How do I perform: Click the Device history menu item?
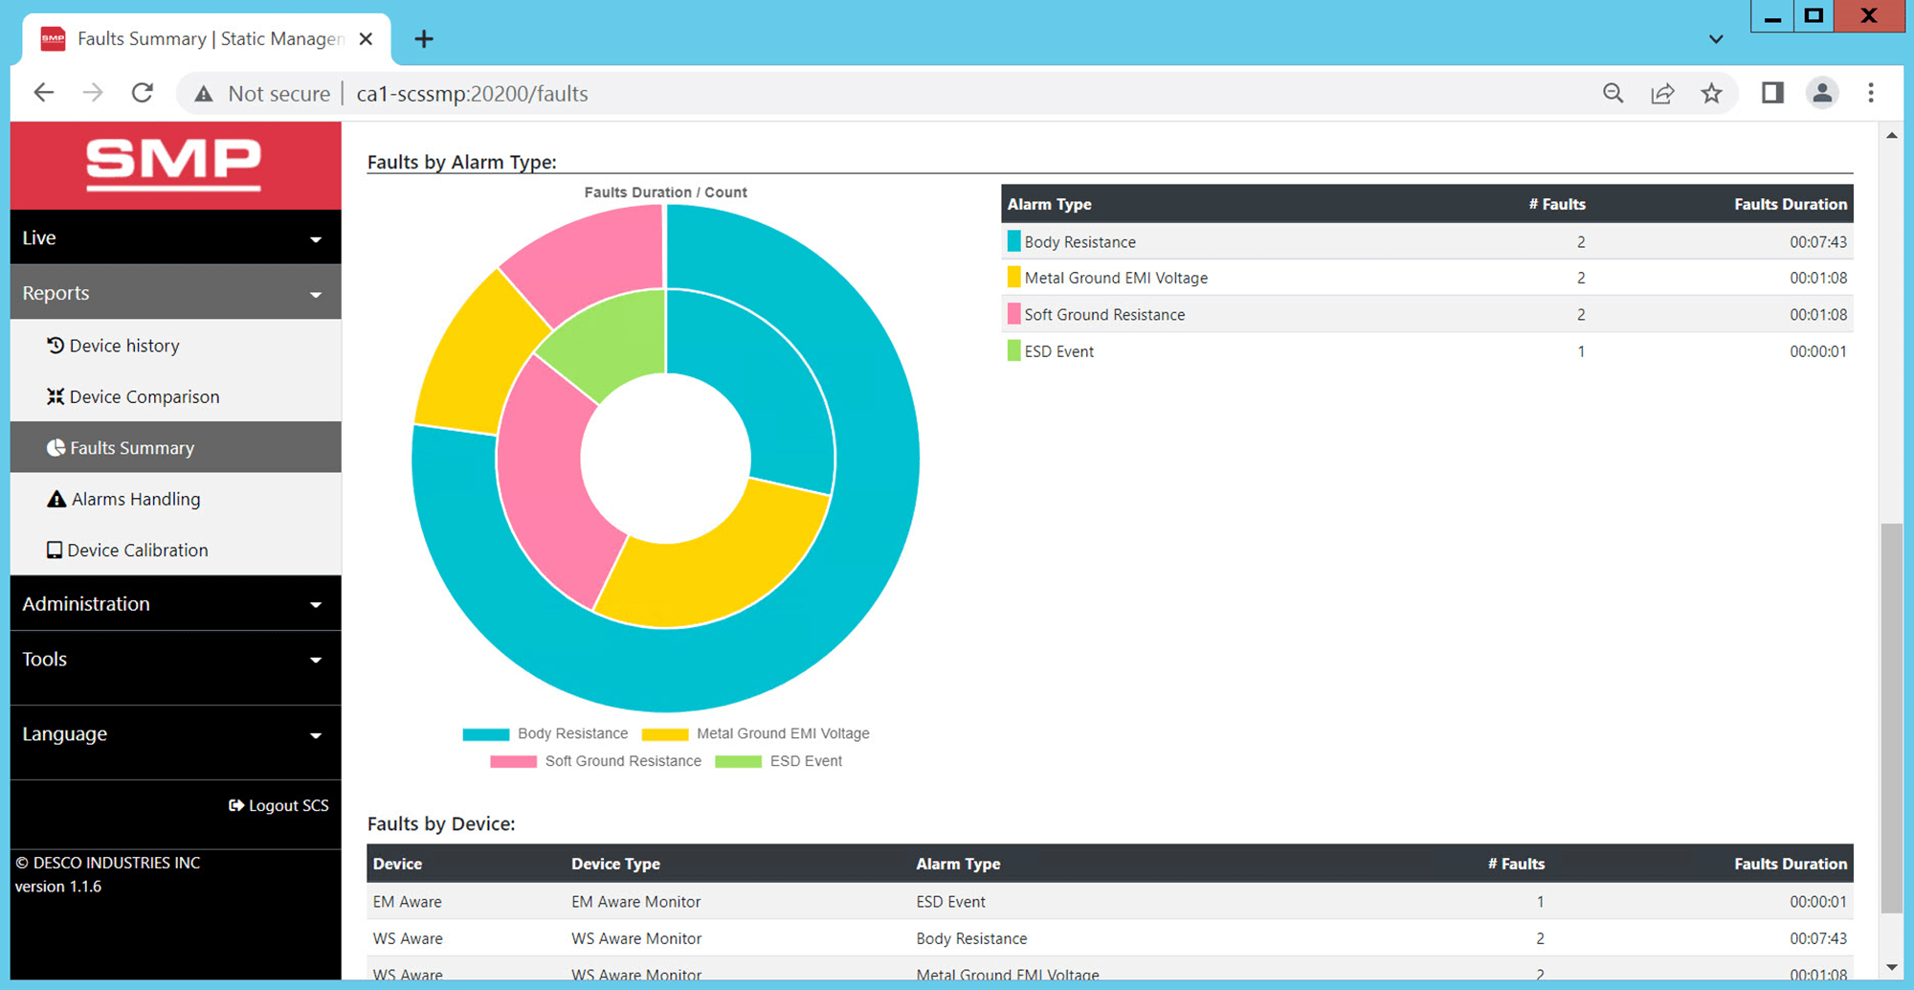(123, 346)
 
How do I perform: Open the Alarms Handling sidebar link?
(135, 499)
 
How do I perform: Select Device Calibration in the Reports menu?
(137, 551)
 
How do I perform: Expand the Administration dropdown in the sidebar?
(175, 604)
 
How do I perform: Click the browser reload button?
(143, 93)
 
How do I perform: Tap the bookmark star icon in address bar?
(1711, 93)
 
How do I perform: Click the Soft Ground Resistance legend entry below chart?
(622, 761)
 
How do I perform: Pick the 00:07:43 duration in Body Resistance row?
(1817, 242)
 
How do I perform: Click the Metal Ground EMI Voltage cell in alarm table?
(1116, 279)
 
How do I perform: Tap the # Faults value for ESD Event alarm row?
(1581, 351)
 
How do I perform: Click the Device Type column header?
(615, 864)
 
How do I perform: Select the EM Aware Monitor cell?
(636, 902)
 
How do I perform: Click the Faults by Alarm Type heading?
(461, 162)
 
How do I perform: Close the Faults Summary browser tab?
(366, 39)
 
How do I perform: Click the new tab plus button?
(424, 39)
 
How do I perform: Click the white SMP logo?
(173, 163)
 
